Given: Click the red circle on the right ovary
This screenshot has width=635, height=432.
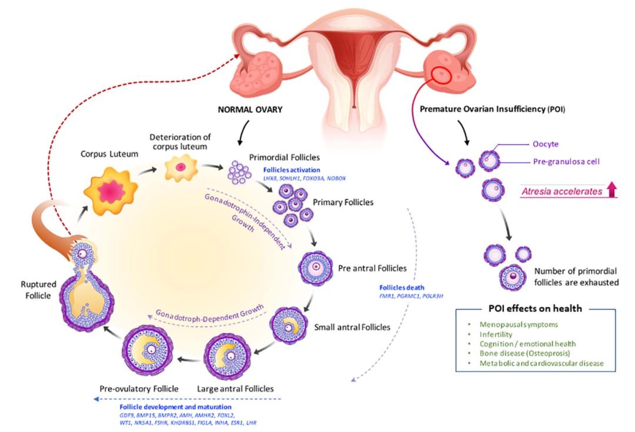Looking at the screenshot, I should pos(443,75).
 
